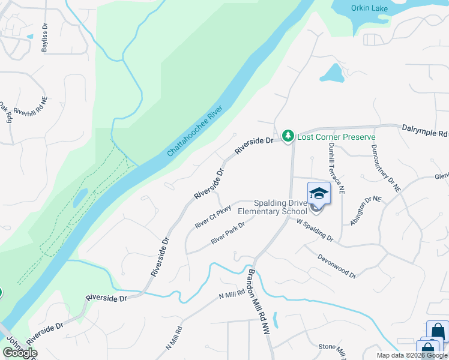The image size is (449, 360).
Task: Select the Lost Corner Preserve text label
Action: pos(337,137)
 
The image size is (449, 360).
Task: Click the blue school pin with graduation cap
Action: pos(319,194)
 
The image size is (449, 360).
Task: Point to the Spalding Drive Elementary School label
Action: pos(272,207)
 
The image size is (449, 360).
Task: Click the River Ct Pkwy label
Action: pos(213,217)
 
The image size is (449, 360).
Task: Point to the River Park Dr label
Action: pos(228,233)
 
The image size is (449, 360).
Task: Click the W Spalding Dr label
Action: pos(315,229)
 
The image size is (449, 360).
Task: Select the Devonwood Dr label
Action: pos(337,265)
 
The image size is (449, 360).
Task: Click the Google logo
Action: pos(20,353)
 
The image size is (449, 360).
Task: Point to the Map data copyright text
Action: pos(411,355)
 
